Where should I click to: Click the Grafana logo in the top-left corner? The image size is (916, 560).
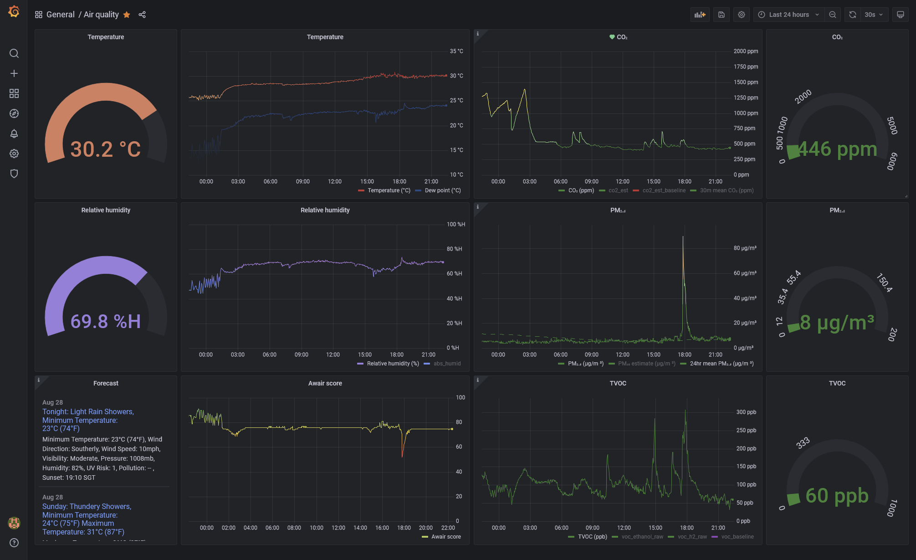coord(14,11)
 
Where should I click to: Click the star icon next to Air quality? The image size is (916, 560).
coord(127,15)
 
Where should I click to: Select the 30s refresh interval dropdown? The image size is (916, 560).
coord(873,15)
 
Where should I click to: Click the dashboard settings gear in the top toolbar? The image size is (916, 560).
coord(741,15)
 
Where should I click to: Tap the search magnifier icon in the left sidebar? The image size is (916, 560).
coord(14,53)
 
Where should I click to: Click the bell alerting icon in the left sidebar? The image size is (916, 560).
coord(14,134)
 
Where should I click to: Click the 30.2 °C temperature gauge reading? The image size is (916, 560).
coord(106,149)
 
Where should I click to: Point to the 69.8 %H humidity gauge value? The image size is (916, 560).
coord(106,321)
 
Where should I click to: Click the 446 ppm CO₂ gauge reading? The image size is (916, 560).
coord(837,149)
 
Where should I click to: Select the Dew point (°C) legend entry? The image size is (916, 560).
coord(442,190)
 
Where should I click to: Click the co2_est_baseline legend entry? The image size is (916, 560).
coord(664,190)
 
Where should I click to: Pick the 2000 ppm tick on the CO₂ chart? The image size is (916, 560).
coord(746,51)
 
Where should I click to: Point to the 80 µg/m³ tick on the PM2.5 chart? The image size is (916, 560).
coord(745,248)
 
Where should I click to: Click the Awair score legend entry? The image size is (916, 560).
coord(445,537)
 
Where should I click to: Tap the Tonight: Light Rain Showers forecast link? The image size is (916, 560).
coord(88,412)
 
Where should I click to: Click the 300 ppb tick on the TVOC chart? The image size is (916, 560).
coord(746,412)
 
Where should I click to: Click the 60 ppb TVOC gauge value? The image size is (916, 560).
coord(837,495)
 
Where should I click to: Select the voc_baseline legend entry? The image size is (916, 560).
coord(737,537)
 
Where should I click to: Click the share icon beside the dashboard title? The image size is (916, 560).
coord(142,15)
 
